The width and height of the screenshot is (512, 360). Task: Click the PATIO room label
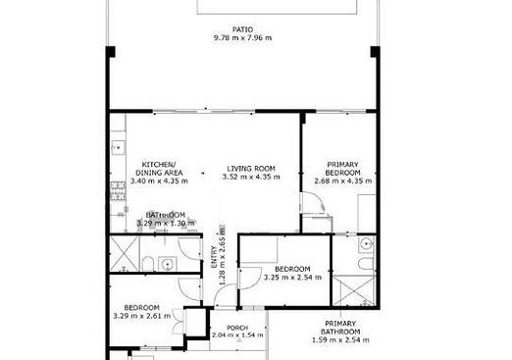[x=242, y=29]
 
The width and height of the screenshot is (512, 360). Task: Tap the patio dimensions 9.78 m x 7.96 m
[x=242, y=38]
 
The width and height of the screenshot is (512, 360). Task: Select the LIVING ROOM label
[x=251, y=169]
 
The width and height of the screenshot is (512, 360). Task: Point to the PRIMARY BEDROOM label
[x=342, y=169]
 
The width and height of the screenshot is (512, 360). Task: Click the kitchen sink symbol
[x=118, y=147]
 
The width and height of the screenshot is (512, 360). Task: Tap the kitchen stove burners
[x=118, y=191]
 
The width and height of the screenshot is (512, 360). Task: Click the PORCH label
[x=237, y=328]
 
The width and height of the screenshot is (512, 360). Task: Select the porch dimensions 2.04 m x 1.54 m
[x=237, y=335]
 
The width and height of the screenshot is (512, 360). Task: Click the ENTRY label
[x=214, y=257]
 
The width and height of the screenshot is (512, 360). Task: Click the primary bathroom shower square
[x=354, y=291]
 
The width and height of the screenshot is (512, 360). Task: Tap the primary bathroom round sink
[x=367, y=244]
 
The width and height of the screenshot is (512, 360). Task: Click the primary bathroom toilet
[x=367, y=264]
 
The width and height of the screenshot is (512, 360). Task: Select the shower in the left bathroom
[x=125, y=254]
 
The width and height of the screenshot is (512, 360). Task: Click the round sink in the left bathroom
[x=168, y=264]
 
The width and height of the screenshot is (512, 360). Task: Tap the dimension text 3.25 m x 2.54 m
[x=292, y=278]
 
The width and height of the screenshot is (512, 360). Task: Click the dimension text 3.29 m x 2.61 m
[x=142, y=316]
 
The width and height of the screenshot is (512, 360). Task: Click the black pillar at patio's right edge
[x=375, y=52]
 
